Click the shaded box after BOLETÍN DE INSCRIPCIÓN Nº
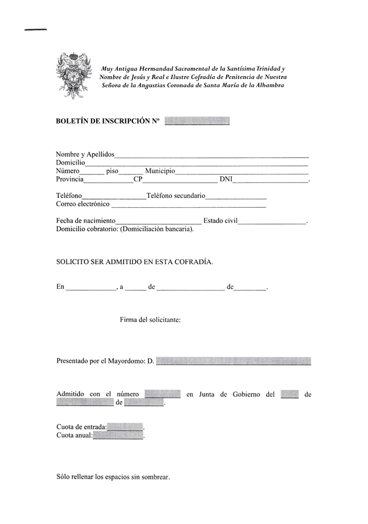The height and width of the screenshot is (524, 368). coord(197,122)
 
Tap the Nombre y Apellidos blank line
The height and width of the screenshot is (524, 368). coord(212,156)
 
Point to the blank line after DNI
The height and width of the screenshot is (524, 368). coord(270,181)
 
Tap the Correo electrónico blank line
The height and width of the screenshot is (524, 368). coord(188,206)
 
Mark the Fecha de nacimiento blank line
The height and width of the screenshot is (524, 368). coord(158,222)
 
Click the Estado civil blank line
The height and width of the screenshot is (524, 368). coord(272,222)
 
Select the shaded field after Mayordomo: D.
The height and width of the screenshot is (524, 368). coord(234,361)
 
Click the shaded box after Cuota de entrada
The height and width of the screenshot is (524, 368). coord(125,427)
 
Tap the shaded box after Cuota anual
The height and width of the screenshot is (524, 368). coord(118,436)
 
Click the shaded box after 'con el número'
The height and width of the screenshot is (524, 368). coord(162,394)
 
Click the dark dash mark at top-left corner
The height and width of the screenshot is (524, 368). coord(35,29)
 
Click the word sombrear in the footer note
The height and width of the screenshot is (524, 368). coord(154,477)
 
